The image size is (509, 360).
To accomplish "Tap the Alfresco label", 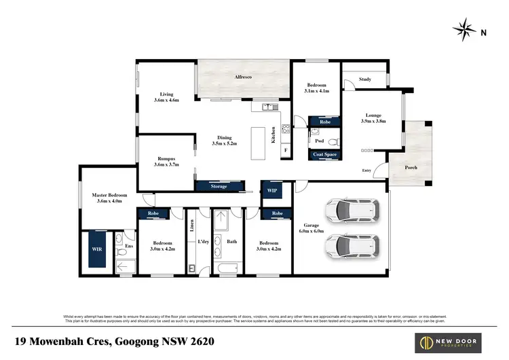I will [x=244, y=79].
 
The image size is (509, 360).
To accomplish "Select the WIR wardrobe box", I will [x=96, y=249].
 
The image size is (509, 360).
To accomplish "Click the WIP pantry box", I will [x=272, y=190].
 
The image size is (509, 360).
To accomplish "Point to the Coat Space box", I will [x=324, y=155].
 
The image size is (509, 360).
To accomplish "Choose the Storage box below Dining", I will [x=219, y=185].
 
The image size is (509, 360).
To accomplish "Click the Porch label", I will [x=411, y=168].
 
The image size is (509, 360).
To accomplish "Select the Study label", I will [x=364, y=79].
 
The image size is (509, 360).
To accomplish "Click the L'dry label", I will [x=202, y=242].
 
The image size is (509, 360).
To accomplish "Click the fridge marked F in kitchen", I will [x=285, y=149].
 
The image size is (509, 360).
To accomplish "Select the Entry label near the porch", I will [x=366, y=170].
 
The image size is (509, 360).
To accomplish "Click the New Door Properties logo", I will [x=456, y=340].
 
